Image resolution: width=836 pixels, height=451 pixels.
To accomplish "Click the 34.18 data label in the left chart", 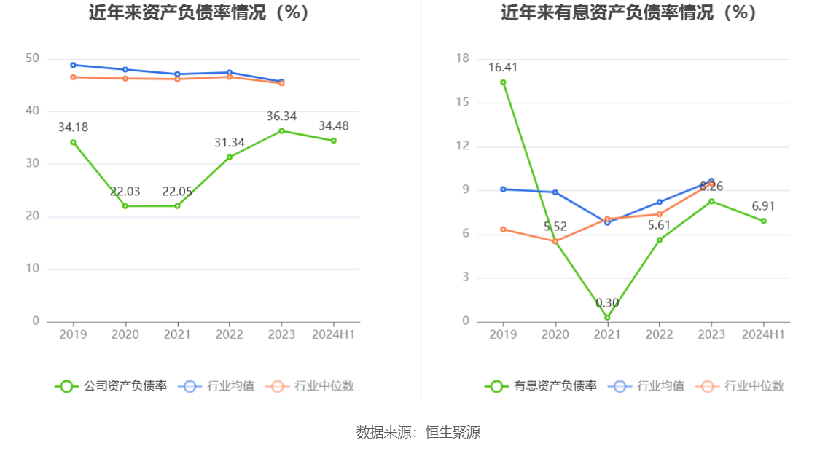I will pos(73,128).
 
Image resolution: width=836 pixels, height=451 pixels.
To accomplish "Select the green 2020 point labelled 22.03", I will pos(125,206).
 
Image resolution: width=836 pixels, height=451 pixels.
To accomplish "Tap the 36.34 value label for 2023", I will pos(281,117).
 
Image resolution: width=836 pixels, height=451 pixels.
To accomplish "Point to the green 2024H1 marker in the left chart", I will pos(334,141).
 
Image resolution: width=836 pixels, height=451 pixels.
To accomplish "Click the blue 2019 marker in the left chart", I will pos(73,65).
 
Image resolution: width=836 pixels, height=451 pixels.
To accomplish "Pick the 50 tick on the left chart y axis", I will pos(32,58).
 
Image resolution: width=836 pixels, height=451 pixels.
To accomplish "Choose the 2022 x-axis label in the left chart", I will pos(230,334).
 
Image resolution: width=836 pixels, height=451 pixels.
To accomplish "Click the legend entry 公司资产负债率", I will pos(111,386).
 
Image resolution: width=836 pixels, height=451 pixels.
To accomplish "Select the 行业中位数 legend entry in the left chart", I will pos(310,386).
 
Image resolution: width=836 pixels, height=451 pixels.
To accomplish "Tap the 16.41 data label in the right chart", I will pos(503,68).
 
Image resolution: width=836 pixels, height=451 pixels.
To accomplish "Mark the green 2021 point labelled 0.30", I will pos(607,318).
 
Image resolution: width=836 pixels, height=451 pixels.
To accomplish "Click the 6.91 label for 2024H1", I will pos(763,206).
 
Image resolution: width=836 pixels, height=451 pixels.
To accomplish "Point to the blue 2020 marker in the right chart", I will pos(555,192).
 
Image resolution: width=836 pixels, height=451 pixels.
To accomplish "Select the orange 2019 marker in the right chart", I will pos(503,230).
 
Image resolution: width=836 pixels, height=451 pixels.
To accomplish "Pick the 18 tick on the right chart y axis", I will pos(462,58).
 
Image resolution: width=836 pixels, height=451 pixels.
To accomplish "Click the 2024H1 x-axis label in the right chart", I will pos(763,334).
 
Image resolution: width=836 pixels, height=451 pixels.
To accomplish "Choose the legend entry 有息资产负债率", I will pos(541,386).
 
